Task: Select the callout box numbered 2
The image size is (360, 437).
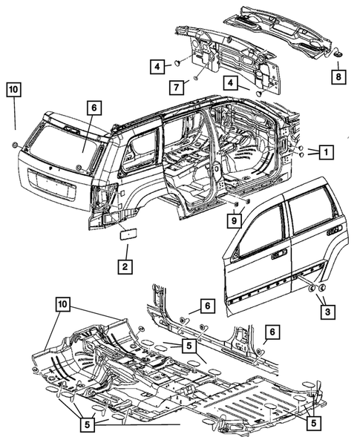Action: point(124,266)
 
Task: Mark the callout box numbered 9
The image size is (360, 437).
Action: point(235,220)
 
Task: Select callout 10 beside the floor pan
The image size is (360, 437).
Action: point(64,303)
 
